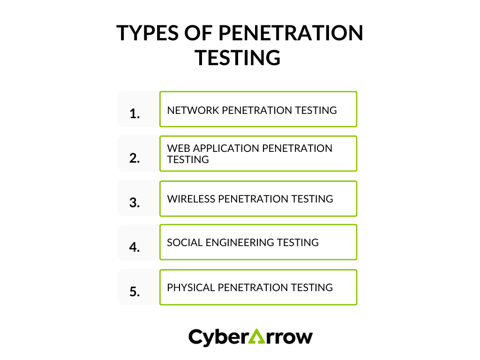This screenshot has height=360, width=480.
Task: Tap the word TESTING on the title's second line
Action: (238, 58)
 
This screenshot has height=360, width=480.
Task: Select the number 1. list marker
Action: (135, 113)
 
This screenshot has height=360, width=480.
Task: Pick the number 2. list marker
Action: (135, 158)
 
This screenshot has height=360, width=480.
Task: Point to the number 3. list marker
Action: (135, 202)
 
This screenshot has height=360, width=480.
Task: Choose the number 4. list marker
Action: (135, 247)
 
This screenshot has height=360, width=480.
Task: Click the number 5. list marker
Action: (135, 292)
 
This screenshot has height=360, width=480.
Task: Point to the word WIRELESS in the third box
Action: (191, 199)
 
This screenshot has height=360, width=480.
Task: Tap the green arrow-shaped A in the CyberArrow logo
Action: (256, 337)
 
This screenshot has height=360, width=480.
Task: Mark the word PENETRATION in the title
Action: (291, 33)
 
